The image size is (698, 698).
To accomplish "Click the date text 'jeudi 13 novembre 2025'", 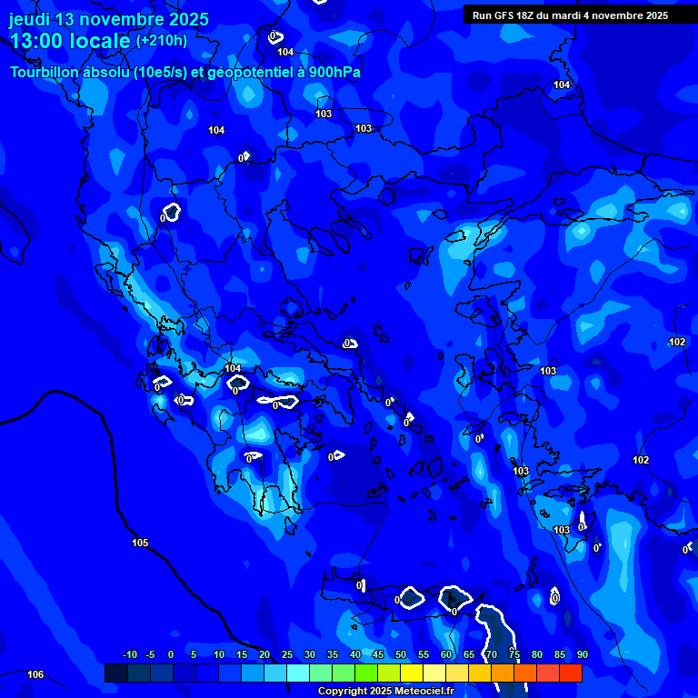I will pyautogui.click(x=108, y=19).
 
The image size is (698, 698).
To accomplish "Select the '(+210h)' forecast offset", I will pyautogui.click(x=162, y=41).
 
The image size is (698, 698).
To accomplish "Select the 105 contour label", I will pyautogui.click(x=140, y=543).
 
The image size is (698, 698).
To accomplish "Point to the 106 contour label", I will pyautogui.click(x=35, y=674).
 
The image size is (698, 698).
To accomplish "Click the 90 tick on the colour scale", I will pyautogui.click(x=582, y=654).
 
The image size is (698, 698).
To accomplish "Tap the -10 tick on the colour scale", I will pyautogui.click(x=129, y=654).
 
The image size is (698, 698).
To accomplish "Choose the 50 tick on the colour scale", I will pyautogui.click(x=401, y=654).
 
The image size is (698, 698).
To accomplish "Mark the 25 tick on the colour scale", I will pyautogui.click(x=287, y=654).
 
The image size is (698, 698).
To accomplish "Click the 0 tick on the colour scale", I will pyautogui.click(x=171, y=654).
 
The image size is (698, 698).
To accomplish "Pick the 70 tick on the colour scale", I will pyautogui.click(x=492, y=654).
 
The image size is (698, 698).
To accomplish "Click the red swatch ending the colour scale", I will pyautogui.click(x=571, y=673).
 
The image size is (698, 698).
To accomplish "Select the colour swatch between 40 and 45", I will pyautogui.click(x=366, y=673).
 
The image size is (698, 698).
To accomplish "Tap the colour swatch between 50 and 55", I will pyautogui.click(x=412, y=673).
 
